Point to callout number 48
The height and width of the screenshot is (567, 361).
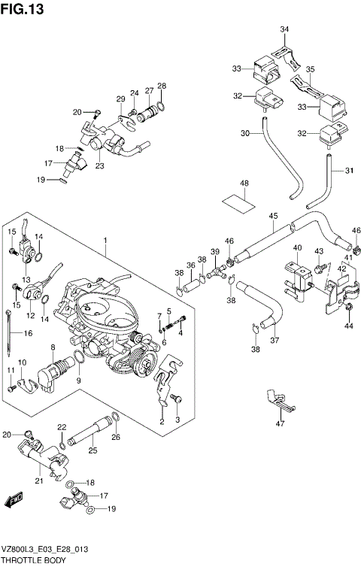244,183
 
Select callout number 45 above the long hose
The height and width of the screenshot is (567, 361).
273,217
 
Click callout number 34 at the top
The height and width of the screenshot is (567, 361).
284,29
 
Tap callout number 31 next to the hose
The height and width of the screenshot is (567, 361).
349,170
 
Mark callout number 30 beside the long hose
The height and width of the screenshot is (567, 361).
244,133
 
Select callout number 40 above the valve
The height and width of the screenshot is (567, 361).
297,249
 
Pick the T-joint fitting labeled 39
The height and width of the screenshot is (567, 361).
220,268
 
